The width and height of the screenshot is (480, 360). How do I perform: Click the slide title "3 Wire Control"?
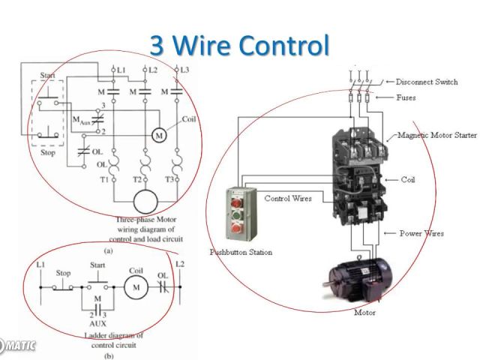coord(239,45)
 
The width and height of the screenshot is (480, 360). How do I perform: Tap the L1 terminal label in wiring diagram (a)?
coord(121,70)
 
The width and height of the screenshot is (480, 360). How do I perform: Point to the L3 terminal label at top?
coord(184,70)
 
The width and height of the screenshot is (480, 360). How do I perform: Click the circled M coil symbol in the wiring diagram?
coord(158,135)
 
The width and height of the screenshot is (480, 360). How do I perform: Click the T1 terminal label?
coord(106,180)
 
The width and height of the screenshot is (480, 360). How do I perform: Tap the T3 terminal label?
coord(170,180)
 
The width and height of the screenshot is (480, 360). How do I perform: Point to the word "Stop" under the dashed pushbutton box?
coord(47,151)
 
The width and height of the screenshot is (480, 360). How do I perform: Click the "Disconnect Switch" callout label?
coord(427,82)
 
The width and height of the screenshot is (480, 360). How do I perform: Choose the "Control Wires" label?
coord(288,198)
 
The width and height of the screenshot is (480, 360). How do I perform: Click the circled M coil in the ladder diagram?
coord(136,286)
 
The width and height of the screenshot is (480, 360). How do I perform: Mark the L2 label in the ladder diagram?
coord(179,264)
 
